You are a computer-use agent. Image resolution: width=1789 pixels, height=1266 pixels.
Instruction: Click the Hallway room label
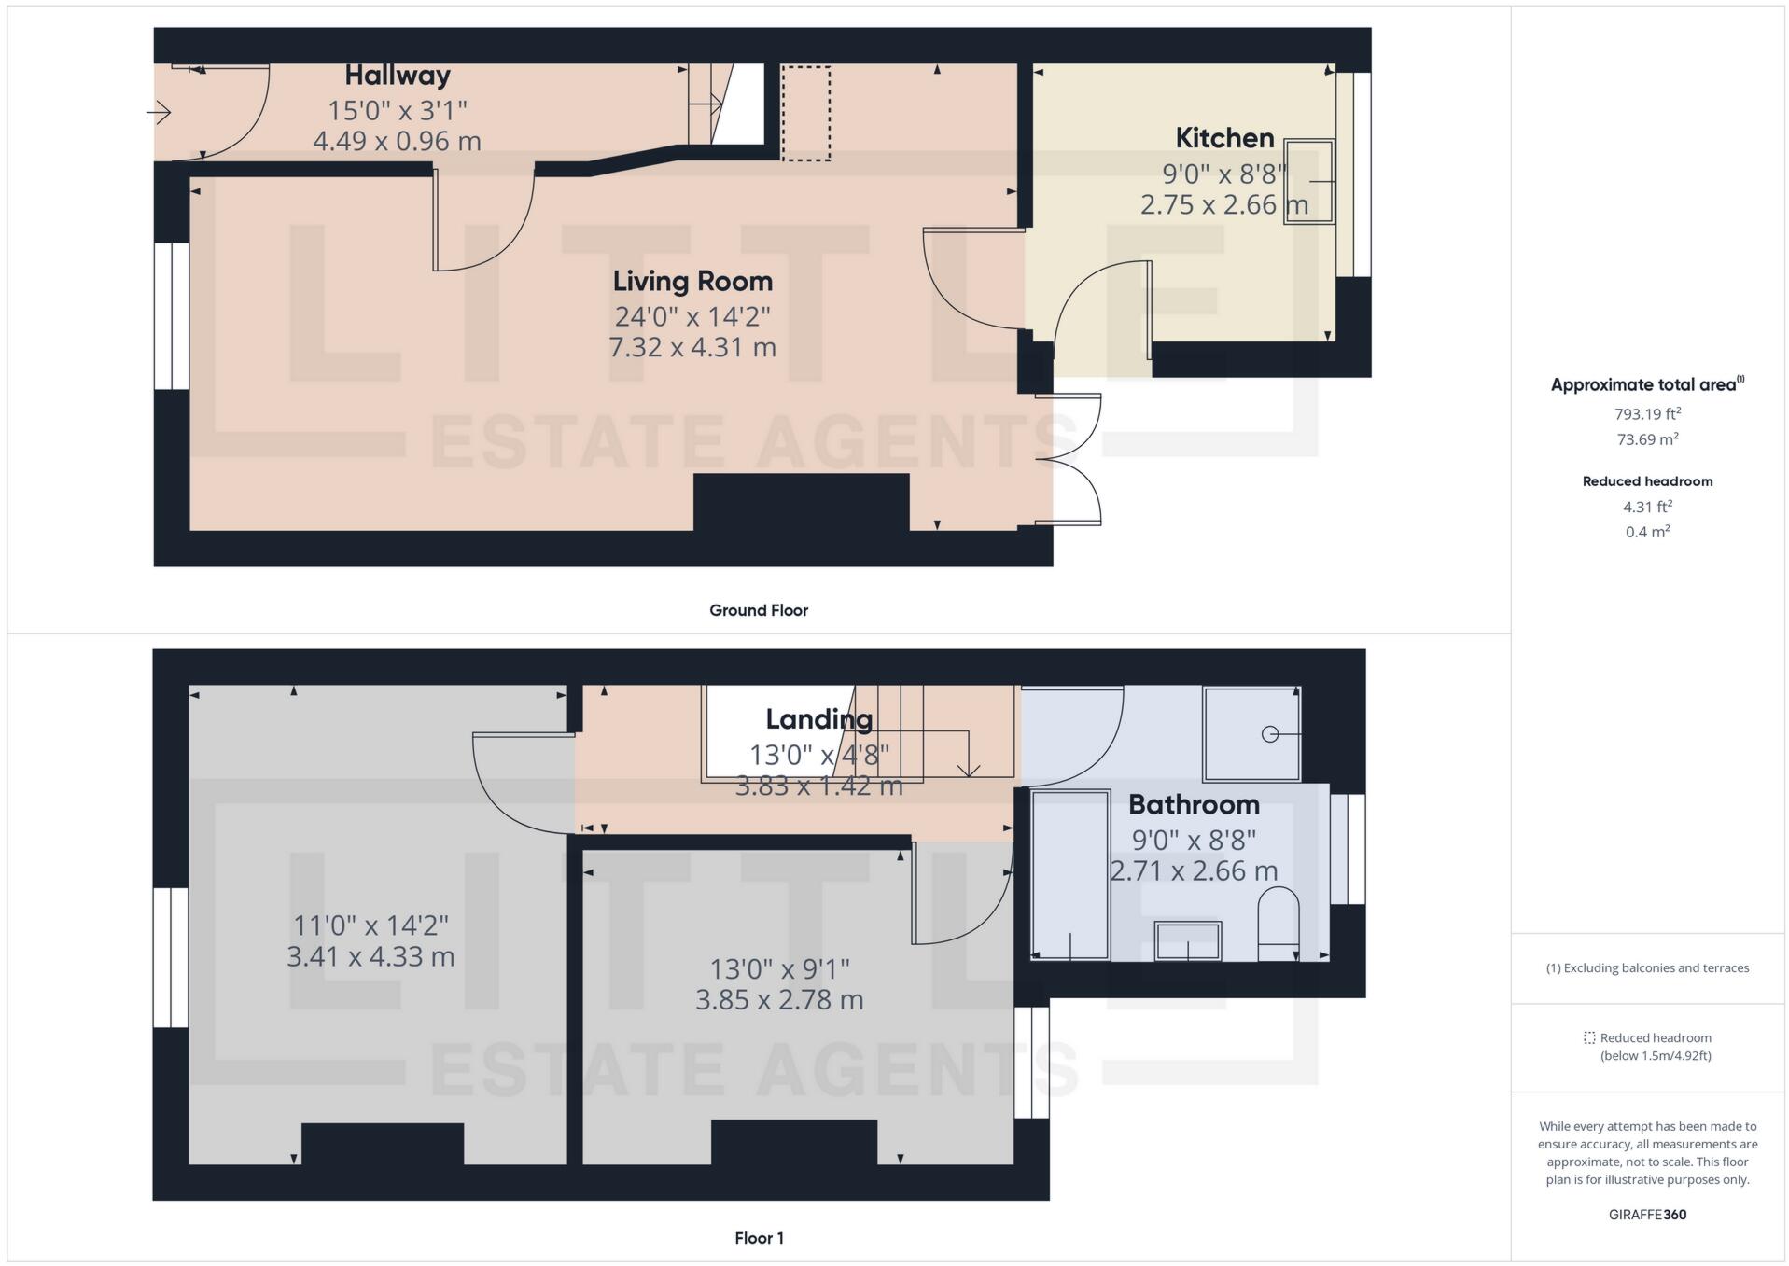click(398, 76)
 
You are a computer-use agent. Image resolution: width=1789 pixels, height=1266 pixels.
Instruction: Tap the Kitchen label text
click(1224, 138)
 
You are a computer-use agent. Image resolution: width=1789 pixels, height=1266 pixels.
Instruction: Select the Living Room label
click(692, 282)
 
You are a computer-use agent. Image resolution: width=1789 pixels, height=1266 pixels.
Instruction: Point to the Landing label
click(819, 719)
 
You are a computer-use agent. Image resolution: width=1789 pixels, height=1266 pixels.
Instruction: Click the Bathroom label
click(1194, 804)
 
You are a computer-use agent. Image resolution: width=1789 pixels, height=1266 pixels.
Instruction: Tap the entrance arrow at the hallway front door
click(159, 113)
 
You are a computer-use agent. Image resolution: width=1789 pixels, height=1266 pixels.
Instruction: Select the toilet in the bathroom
click(1278, 924)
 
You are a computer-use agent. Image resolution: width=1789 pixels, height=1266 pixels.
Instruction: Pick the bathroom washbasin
click(1188, 940)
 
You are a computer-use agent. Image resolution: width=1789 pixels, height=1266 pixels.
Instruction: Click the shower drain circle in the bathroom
click(1270, 734)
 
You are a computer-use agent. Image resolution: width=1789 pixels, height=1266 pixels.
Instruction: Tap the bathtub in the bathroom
click(1070, 875)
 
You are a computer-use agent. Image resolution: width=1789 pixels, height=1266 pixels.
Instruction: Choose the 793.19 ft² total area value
click(1648, 413)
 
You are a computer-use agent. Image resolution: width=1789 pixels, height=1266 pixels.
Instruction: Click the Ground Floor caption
click(759, 610)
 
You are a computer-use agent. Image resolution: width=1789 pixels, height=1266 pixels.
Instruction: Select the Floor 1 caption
click(760, 1238)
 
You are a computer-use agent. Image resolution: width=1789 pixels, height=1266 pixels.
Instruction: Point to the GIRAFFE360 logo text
click(1648, 1215)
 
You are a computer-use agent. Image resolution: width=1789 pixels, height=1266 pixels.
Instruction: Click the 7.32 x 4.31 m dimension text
click(692, 347)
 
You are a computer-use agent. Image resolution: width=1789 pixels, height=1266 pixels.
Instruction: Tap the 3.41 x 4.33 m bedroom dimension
click(370, 956)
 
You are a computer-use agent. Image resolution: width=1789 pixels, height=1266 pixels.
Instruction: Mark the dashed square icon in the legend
click(1589, 1037)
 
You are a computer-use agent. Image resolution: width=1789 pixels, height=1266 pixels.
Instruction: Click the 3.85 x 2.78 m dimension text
click(779, 999)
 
